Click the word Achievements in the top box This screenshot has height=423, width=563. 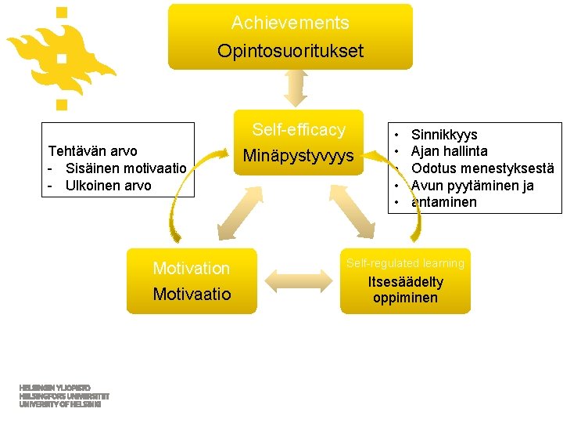point(290,23)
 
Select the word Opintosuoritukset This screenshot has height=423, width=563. point(290,52)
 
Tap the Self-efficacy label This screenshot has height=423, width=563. point(298,130)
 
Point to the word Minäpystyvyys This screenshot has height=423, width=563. point(298,156)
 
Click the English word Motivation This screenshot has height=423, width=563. point(192,269)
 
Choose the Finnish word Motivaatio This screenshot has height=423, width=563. point(192,295)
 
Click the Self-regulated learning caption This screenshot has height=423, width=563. point(405,263)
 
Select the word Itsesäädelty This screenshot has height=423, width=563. point(405,282)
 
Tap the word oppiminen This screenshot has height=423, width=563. point(405,298)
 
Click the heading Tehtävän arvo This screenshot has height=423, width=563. point(92,151)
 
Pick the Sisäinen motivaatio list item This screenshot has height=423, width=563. point(125,168)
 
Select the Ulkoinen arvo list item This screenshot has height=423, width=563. point(109,186)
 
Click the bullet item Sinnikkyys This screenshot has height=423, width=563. point(444,135)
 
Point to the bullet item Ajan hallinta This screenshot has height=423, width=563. point(450,151)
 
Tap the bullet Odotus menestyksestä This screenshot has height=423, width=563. point(482,168)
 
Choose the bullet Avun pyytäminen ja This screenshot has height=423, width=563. point(472,186)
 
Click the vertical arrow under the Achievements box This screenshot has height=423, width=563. point(296,88)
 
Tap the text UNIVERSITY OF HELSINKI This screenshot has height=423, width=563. point(60,405)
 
